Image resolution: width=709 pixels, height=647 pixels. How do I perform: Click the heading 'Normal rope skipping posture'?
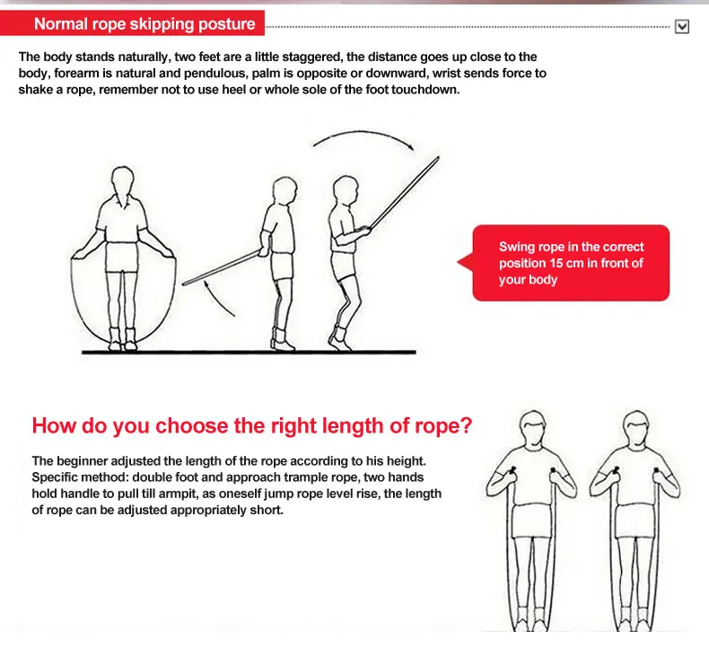(144, 23)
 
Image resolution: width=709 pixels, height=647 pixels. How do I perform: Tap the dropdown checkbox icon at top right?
(682, 27)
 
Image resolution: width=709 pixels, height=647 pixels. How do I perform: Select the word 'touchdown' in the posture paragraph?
(425, 90)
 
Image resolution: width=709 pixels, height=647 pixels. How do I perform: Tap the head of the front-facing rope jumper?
(123, 182)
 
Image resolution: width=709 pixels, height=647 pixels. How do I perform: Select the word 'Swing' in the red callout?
(514, 247)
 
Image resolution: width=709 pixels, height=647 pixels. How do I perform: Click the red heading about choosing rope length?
(252, 425)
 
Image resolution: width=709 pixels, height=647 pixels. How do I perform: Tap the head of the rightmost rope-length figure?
(636, 428)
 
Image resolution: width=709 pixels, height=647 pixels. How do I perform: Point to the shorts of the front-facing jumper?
(121, 257)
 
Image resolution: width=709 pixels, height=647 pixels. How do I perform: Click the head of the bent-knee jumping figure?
(346, 190)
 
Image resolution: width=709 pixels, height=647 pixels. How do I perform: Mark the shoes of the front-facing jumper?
(123, 339)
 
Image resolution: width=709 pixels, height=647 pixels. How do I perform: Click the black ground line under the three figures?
(249, 352)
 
